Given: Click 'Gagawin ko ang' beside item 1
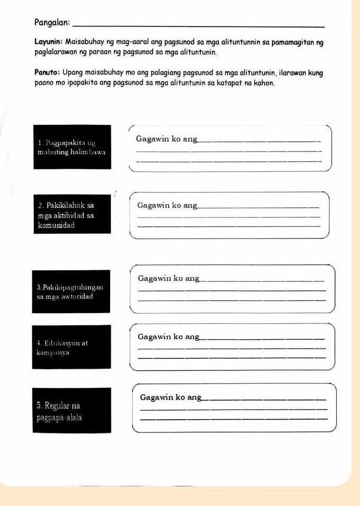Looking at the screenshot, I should (x=166, y=139).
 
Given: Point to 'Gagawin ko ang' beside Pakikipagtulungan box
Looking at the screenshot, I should (x=168, y=278).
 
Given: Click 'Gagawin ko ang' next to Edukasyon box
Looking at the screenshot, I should (x=168, y=336).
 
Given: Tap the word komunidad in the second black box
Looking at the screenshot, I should (x=56, y=225).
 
